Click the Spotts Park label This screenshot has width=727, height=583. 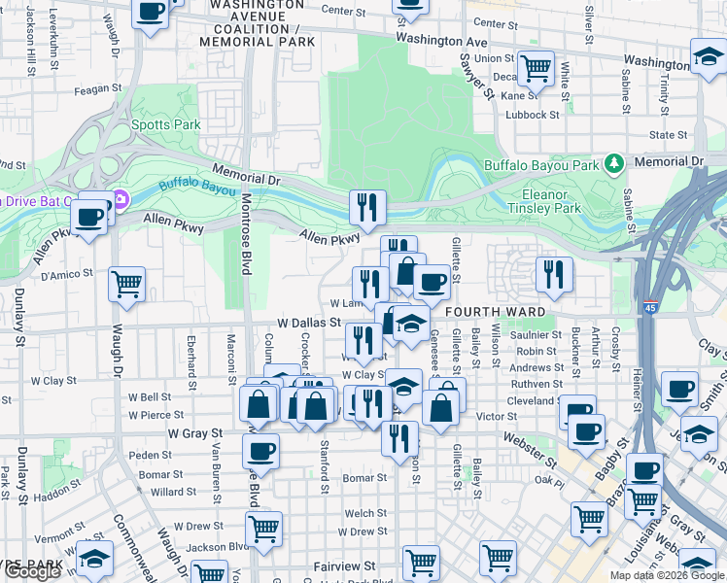[165, 125]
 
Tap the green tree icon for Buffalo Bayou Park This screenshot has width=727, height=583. [613, 162]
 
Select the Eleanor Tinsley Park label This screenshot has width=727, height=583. [544, 201]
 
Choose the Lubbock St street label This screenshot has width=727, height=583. [533, 115]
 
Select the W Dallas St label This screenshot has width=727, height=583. [309, 322]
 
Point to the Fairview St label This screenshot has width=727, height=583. [344, 566]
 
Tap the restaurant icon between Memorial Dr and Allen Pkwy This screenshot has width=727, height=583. [367, 206]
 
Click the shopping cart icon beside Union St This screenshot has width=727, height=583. [535, 68]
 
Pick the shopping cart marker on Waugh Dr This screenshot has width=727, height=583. [126, 284]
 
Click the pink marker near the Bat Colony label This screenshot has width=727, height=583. [121, 201]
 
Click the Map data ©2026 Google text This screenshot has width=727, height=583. [667, 575]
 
